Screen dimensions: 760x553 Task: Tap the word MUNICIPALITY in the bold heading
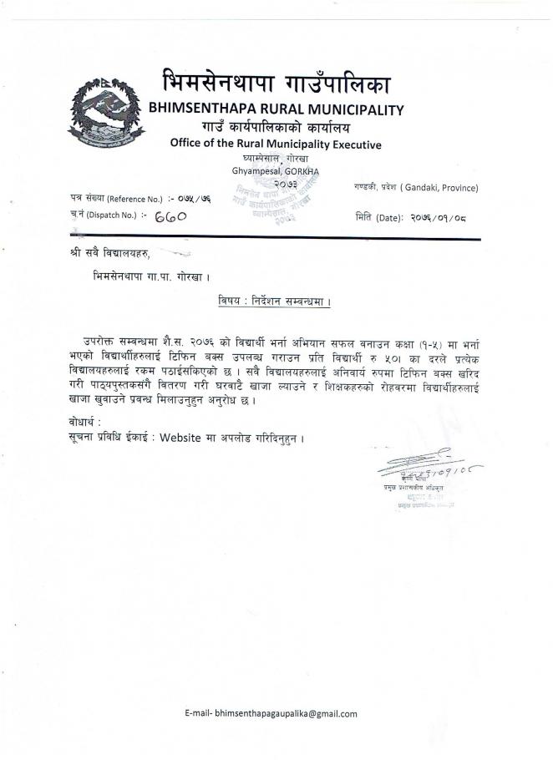[353, 109]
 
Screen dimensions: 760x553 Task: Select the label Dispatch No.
[114, 215]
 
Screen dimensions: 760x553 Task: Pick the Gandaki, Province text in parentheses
[439, 188]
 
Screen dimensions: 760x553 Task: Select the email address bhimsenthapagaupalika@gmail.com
[286, 713]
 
